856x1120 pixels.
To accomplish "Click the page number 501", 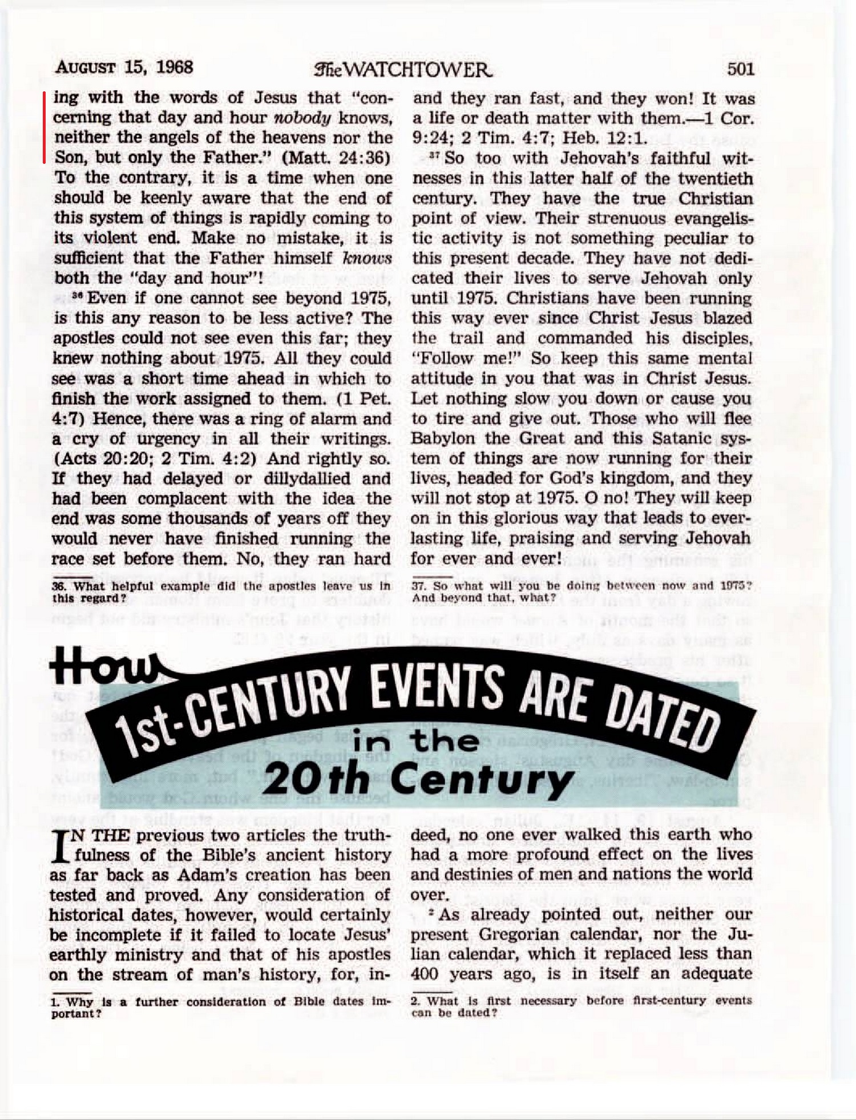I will [x=740, y=70].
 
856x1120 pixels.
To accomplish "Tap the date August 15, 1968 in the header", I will [x=124, y=67].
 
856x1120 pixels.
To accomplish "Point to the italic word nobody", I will [x=302, y=118].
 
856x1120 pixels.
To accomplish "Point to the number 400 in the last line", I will [x=424, y=974].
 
